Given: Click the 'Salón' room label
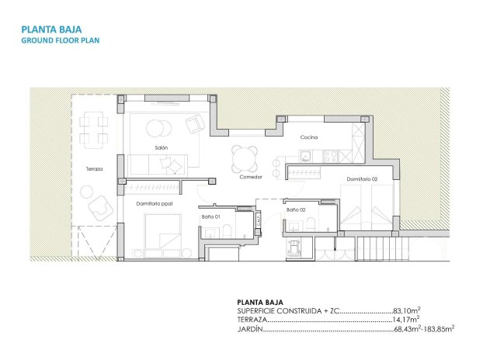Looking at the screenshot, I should (162, 147).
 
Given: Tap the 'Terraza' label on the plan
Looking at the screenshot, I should (94, 168).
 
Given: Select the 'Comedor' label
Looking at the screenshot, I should (251, 177).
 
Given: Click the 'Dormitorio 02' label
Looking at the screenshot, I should (362, 180).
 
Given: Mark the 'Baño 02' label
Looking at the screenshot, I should (296, 209).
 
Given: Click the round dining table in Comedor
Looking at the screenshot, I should (244, 159).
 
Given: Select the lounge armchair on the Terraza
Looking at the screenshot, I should (99, 207).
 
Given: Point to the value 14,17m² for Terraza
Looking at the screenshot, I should (406, 319).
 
